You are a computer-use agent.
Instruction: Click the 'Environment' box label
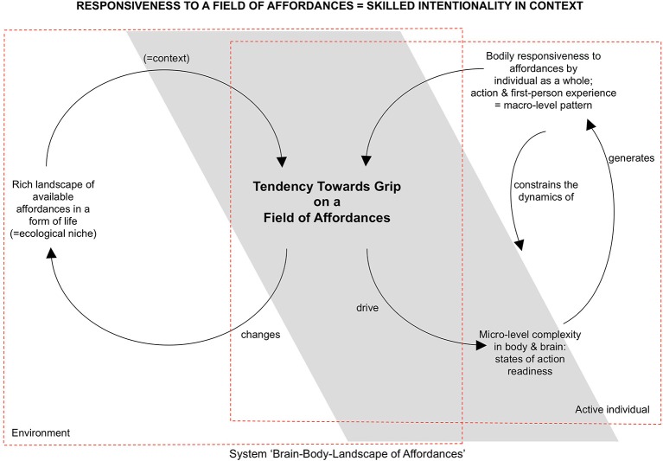(x=40, y=432)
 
